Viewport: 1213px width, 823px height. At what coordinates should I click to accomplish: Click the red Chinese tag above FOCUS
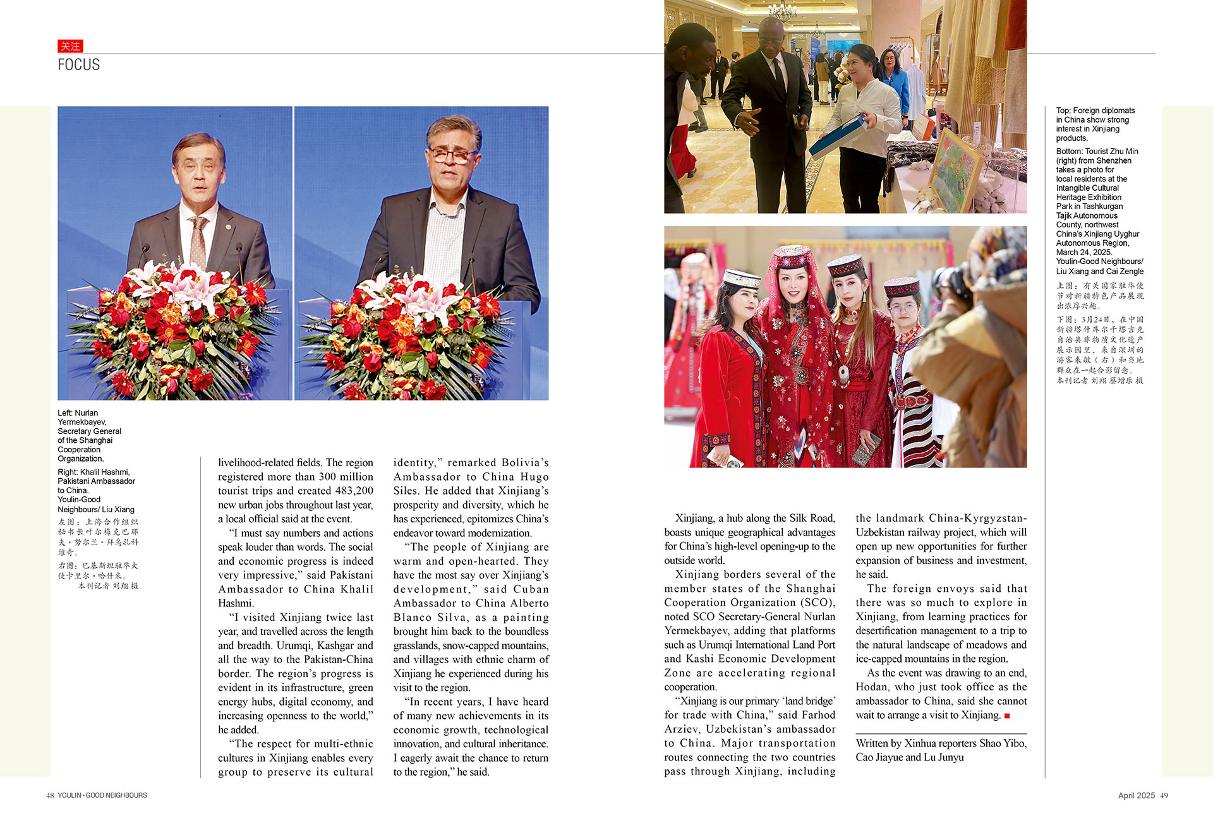click(x=70, y=46)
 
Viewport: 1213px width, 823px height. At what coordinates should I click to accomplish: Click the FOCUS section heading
click(x=78, y=64)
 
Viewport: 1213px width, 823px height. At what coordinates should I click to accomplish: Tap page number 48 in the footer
click(x=50, y=795)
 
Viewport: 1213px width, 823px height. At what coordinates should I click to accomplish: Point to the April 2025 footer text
click(x=1136, y=795)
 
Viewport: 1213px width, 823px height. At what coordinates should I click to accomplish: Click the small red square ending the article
click(x=1007, y=716)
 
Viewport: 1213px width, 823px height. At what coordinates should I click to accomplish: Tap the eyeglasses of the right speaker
click(x=452, y=155)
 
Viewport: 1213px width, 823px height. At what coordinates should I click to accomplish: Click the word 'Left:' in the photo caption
click(x=65, y=413)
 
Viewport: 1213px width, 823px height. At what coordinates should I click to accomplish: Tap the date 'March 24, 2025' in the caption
click(x=1083, y=252)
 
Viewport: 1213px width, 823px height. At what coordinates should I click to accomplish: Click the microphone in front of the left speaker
click(x=147, y=253)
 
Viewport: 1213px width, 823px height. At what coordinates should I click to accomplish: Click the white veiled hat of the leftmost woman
click(x=742, y=278)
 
